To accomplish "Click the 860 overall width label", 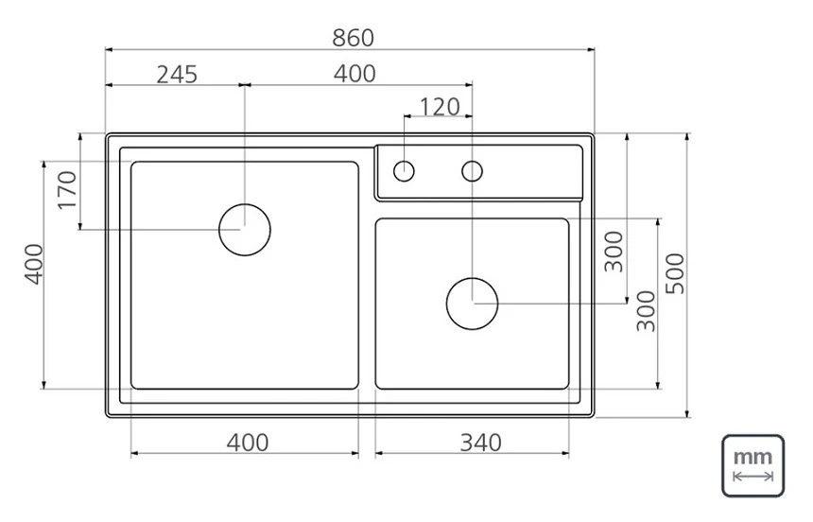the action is (353, 38).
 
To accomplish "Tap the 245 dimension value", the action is (177, 75).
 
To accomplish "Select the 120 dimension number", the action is (440, 107).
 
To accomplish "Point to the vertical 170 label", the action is (67, 190).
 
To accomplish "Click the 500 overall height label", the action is (675, 273).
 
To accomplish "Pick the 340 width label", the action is (480, 443).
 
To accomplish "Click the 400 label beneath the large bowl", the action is (248, 443).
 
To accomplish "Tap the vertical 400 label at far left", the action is (34, 264).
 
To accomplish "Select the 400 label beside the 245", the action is (355, 74).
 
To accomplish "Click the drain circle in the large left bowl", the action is (245, 204).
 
